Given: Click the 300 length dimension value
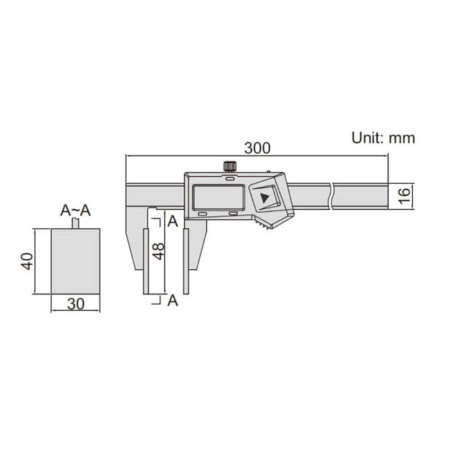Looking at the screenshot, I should (257, 148).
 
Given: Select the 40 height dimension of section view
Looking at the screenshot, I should (27, 261).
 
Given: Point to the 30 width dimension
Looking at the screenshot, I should (76, 304).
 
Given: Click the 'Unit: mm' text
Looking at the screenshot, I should (383, 138).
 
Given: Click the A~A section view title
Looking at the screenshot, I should (75, 211).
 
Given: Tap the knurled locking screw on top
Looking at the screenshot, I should (230, 166).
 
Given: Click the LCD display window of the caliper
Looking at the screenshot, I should (218, 197).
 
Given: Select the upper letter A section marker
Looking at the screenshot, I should (172, 221).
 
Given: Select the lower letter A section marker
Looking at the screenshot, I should (172, 300).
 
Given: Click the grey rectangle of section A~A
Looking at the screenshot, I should (75, 261).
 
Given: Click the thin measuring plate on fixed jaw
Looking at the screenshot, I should (146, 262).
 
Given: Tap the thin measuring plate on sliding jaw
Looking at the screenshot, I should (186, 262).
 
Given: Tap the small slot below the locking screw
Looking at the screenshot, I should (230, 179).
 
